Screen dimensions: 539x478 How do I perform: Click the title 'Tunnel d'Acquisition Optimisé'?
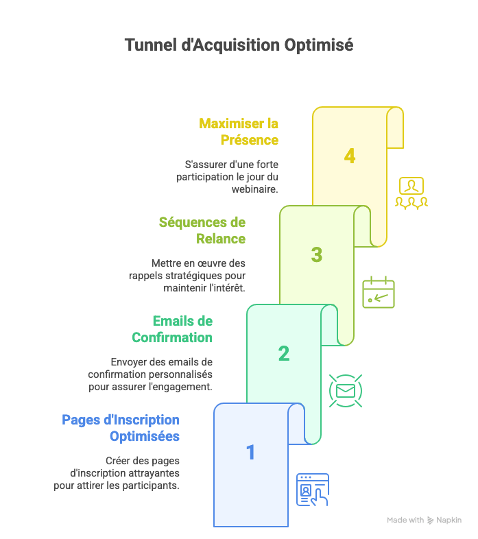tap(239, 45)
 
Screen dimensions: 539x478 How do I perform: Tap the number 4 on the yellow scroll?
tap(350, 156)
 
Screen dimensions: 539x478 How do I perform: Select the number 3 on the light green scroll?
tap(316, 255)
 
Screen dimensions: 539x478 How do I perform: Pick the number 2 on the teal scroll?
tap(283, 354)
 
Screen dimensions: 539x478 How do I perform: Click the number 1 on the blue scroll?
tap(250, 453)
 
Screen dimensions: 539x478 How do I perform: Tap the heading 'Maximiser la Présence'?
tap(239, 132)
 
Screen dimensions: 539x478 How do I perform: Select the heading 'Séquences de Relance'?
tap(202, 230)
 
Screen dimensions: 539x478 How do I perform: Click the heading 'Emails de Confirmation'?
tap(172, 329)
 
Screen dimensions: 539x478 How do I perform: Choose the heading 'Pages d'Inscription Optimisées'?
tap(121, 428)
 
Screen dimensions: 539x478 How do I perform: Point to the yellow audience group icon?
tap(411, 193)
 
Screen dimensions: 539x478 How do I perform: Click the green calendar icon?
tap(379, 292)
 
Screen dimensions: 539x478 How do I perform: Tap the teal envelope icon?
tap(346, 391)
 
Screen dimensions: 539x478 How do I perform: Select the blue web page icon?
tap(312, 490)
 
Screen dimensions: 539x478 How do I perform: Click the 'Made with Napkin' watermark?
tap(424, 520)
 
